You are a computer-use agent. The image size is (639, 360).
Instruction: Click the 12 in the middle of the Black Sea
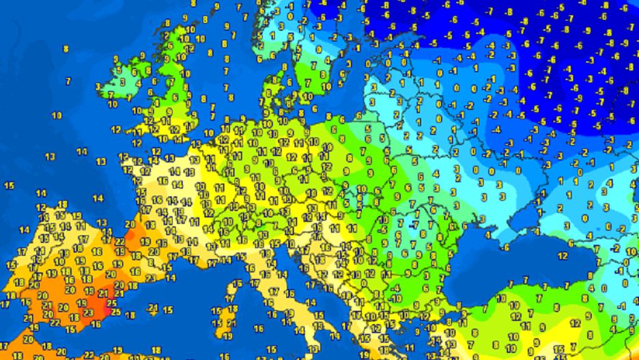click(563, 256)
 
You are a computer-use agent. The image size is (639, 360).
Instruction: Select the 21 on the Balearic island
click(153, 308)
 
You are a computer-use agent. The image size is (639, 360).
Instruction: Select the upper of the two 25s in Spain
click(111, 302)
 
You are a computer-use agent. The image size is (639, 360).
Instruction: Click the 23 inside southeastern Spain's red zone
click(88, 314)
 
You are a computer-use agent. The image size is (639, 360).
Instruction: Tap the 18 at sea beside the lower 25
click(130, 315)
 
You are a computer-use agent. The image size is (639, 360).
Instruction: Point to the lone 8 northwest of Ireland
click(66, 49)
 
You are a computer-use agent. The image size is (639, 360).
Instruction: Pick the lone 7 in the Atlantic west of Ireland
click(68, 81)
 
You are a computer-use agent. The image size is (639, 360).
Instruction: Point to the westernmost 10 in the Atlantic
click(56, 115)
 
